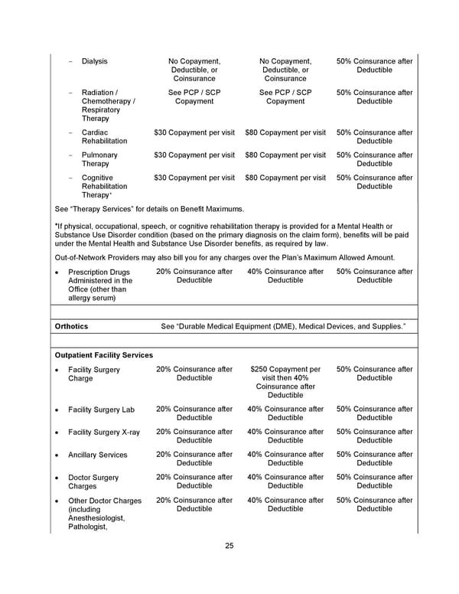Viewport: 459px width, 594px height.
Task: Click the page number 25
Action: pyautogui.click(x=229, y=546)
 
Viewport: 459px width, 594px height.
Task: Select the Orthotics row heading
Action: pyautogui.click(x=72, y=327)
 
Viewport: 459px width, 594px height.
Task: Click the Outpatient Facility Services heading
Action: pyautogui.click(x=104, y=355)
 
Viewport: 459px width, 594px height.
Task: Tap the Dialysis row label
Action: pyautogui.click(x=95, y=61)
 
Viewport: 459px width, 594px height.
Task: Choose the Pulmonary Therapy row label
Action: pyautogui.click(x=100, y=160)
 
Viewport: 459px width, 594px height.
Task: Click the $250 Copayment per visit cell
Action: pyautogui.click(x=285, y=382)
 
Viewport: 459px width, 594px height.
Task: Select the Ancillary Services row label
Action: pyautogui.click(x=98, y=455)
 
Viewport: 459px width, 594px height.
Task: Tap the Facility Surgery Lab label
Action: pyautogui.click(x=101, y=410)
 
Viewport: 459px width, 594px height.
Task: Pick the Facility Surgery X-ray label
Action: pyautogui.click(x=104, y=432)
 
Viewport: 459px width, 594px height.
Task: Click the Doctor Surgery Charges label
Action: pyautogui.click(x=93, y=482)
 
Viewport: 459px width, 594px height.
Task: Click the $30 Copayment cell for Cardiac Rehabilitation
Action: pyautogui.click(x=194, y=133)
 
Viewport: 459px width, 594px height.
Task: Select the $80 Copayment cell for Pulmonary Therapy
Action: pyautogui.click(x=285, y=155)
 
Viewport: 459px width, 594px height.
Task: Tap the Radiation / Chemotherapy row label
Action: pyautogui.click(x=108, y=106)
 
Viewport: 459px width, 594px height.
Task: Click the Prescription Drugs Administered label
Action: pyautogui.click(x=100, y=285)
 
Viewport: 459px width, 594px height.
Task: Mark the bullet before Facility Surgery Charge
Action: pyautogui.click(x=58, y=370)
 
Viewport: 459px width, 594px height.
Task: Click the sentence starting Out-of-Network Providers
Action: pyautogui.click(x=226, y=258)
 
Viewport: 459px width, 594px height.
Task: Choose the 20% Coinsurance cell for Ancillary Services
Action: pyautogui.click(x=194, y=459)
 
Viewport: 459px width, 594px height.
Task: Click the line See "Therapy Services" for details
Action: pyautogui.click(x=150, y=209)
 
